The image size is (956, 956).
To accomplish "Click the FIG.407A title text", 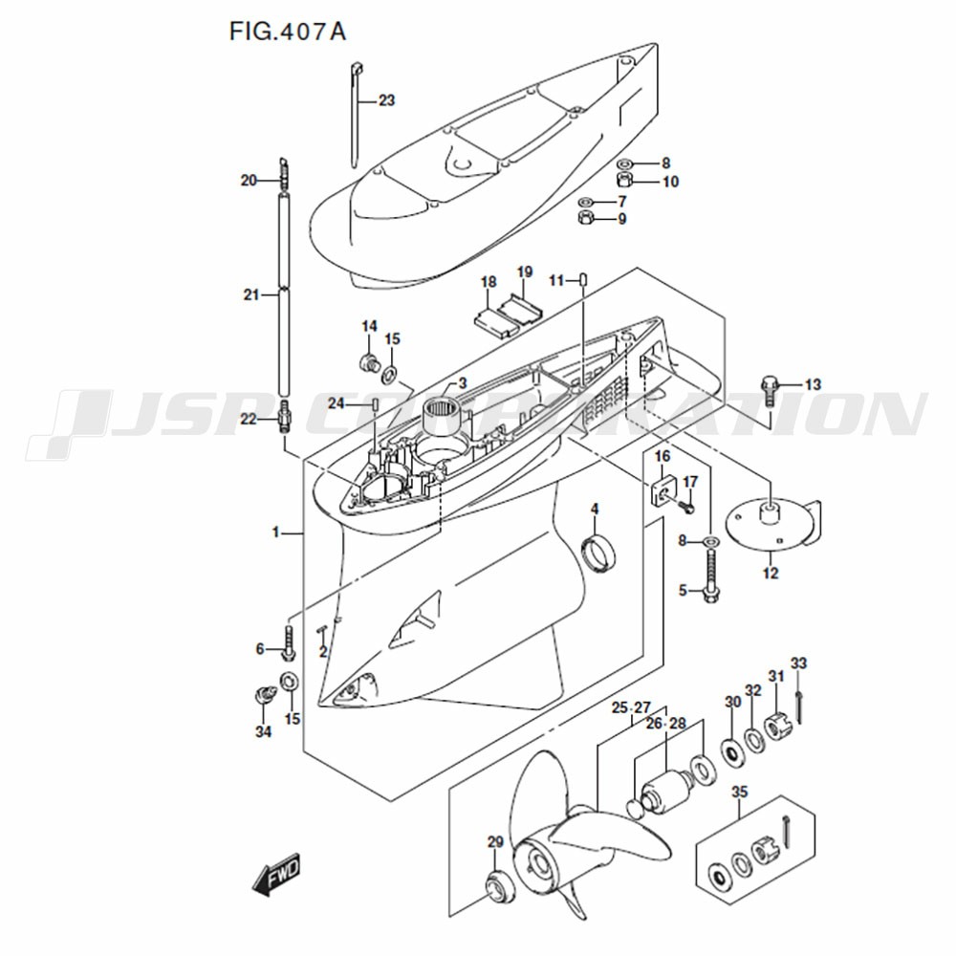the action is [x=287, y=32].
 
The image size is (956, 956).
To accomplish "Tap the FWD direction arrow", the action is [x=276, y=875].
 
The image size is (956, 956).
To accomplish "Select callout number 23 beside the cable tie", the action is [x=386, y=100].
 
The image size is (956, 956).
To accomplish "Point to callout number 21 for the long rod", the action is [x=251, y=295].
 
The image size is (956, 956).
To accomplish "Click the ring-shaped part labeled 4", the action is [x=598, y=553].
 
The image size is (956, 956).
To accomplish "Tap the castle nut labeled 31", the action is [x=776, y=726].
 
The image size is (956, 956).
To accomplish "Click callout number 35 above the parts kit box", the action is [x=740, y=792].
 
